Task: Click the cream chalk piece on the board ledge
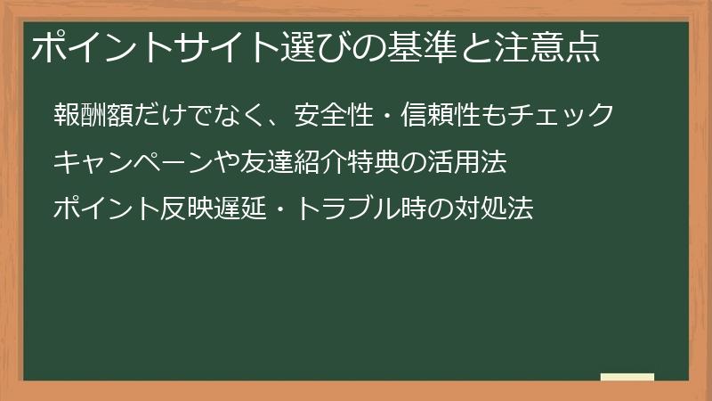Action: pos(627,377)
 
